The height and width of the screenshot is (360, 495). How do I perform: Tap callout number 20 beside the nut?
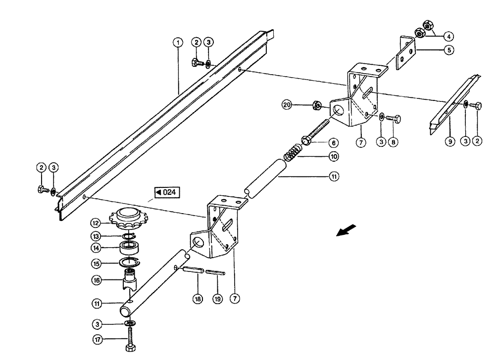tap(287, 104)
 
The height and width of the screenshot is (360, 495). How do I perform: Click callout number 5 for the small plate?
tap(448, 50)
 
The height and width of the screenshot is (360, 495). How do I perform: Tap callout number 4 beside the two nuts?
tap(448, 36)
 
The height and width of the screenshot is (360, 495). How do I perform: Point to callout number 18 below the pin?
tap(197, 299)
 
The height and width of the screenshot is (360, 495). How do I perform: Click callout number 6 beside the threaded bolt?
tap(335, 142)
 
